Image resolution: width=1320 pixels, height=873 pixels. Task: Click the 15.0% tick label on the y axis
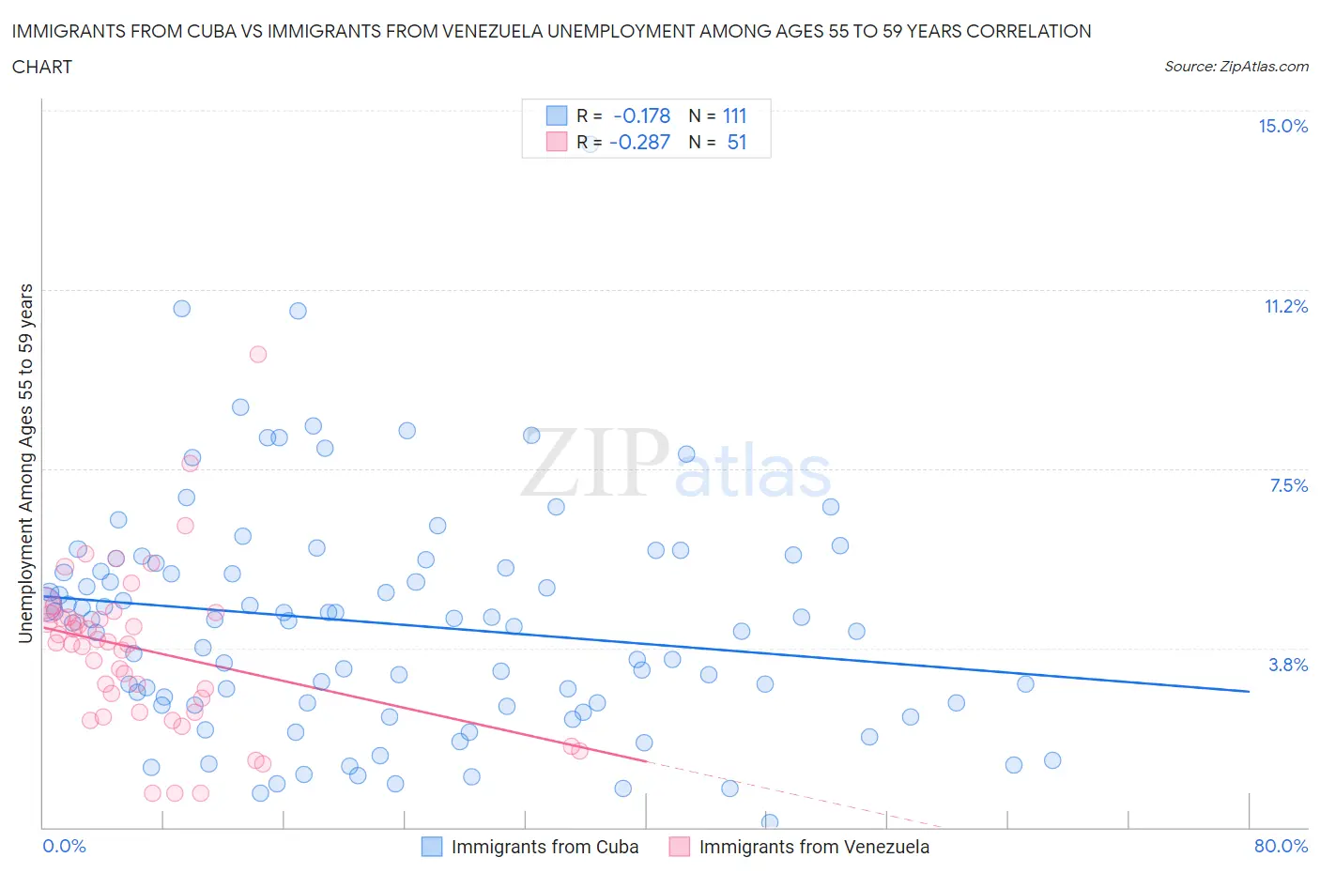tap(1282, 127)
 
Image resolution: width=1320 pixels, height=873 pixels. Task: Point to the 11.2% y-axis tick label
tap(1285, 307)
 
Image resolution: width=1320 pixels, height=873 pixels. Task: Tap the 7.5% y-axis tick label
tap(1288, 486)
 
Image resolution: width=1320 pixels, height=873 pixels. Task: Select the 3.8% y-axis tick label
tap(1288, 666)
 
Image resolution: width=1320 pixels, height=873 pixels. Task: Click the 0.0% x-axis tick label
tap(64, 846)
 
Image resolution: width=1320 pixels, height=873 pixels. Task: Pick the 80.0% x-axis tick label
tap(1281, 846)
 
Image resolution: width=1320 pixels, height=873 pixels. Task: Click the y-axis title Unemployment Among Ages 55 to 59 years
tap(26, 463)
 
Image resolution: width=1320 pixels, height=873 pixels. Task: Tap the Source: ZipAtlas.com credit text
tap(1236, 67)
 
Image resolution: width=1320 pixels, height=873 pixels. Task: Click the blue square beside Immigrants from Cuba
tap(432, 847)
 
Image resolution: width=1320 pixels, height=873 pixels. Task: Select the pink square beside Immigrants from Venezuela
tap(679, 847)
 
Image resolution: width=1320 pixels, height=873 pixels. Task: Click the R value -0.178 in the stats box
tap(641, 116)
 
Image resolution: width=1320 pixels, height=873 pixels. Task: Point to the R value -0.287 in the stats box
tap(639, 143)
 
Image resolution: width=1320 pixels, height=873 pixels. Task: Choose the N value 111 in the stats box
tap(734, 116)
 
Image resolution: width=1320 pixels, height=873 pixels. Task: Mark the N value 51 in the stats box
tap(737, 143)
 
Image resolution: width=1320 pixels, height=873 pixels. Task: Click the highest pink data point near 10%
tap(258, 354)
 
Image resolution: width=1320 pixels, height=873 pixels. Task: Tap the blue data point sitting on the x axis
tap(770, 822)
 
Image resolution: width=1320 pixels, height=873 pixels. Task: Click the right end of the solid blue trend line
tap(1249, 691)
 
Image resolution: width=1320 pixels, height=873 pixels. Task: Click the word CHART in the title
tap(42, 67)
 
